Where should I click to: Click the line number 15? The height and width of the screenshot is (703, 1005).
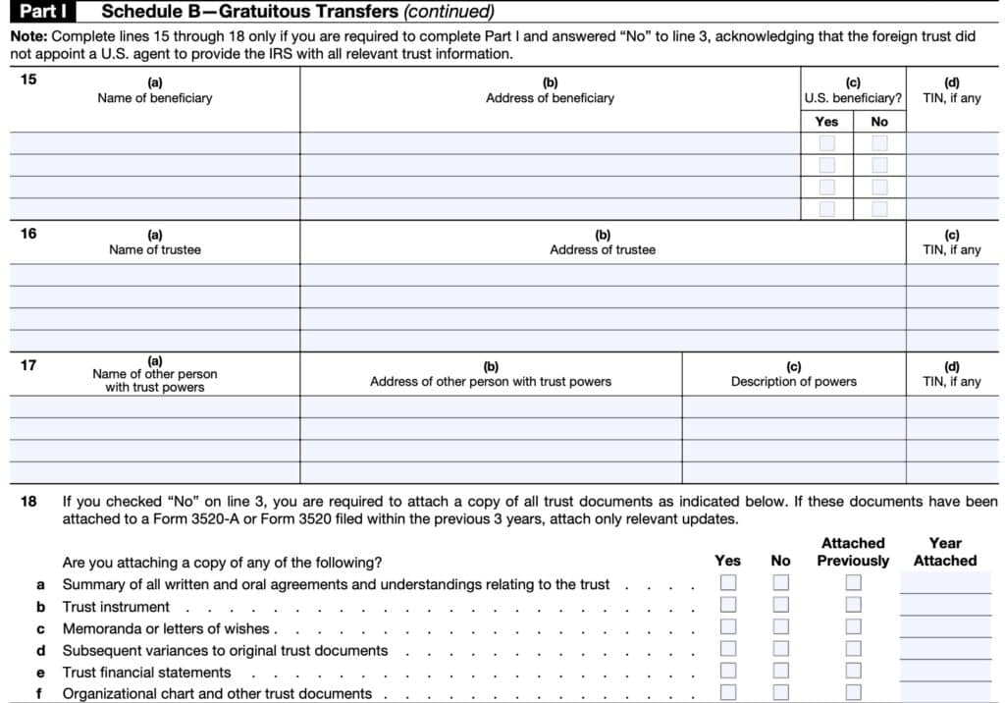tap(28, 81)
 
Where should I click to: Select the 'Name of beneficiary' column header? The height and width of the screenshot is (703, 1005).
tap(155, 98)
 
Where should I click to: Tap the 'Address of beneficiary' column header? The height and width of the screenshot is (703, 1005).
tap(550, 98)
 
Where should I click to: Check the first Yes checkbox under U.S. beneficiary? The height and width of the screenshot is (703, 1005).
tap(827, 143)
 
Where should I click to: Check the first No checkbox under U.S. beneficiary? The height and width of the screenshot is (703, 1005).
tap(879, 143)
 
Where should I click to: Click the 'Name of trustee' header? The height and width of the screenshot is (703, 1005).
tap(155, 249)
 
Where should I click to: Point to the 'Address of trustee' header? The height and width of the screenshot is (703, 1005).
tap(603, 249)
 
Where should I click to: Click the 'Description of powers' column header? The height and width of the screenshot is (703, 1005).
tap(793, 381)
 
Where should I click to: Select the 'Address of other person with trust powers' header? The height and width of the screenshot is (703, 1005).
tap(491, 381)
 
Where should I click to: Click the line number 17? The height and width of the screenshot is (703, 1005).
tap(28, 365)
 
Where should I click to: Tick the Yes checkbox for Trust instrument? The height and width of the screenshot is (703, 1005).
tap(728, 606)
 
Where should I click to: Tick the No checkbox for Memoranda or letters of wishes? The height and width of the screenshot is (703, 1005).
tap(780, 627)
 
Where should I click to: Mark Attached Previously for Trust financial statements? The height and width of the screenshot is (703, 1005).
tap(853, 672)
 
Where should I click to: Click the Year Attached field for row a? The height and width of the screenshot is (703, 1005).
tap(945, 584)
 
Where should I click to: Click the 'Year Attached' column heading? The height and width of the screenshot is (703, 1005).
tap(945, 552)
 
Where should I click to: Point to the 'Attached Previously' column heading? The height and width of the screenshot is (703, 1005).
tap(853, 552)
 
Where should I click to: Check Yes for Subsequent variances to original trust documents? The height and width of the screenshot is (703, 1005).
tap(728, 650)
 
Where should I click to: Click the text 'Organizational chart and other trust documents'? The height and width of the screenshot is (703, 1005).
tap(217, 693)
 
